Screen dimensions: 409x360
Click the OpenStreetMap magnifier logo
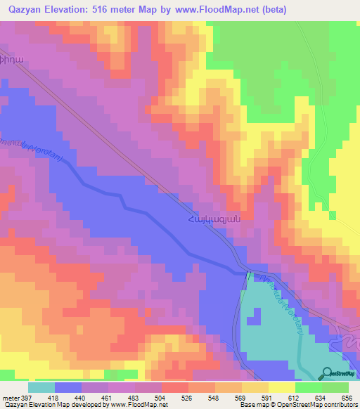pos(326,372)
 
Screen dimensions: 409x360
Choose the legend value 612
pos(295,397)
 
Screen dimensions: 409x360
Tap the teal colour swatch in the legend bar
pos(41,387)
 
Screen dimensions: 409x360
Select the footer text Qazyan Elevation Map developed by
pos(51,405)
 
